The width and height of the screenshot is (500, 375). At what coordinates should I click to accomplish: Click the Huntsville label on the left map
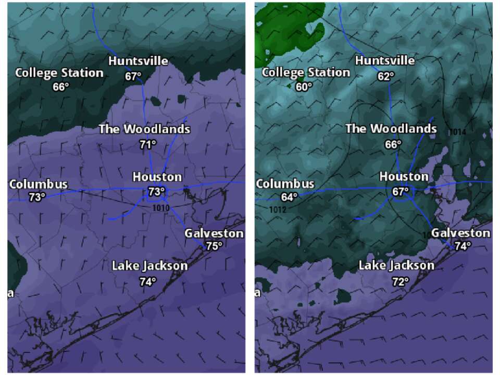click(x=138, y=61)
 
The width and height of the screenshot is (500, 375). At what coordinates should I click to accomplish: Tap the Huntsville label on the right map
click(x=385, y=61)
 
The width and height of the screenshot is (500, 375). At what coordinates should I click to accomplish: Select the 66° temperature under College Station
click(x=60, y=86)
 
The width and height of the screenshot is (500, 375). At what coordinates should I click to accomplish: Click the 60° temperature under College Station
click(x=304, y=86)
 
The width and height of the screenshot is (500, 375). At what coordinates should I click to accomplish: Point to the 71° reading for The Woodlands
click(x=148, y=144)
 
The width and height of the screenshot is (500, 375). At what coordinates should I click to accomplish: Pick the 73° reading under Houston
click(x=156, y=192)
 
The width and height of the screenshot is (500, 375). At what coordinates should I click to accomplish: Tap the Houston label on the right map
click(x=404, y=177)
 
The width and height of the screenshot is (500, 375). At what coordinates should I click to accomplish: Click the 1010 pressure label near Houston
click(x=161, y=208)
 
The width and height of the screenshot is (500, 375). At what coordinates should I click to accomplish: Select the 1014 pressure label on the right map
click(x=456, y=132)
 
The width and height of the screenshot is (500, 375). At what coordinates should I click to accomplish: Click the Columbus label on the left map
click(x=39, y=184)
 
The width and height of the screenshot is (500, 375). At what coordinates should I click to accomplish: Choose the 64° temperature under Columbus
click(x=289, y=197)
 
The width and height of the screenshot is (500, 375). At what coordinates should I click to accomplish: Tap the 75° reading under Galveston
click(x=214, y=246)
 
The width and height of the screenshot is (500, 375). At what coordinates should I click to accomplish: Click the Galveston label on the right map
click(x=460, y=233)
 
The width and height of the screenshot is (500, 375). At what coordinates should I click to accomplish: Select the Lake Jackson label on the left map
click(x=149, y=266)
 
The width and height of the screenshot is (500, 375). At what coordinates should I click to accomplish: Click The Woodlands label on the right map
click(x=391, y=129)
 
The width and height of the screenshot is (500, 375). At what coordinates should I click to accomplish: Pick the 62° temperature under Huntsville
click(x=386, y=76)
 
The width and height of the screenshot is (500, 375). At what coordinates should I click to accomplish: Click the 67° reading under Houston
click(x=400, y=192)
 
